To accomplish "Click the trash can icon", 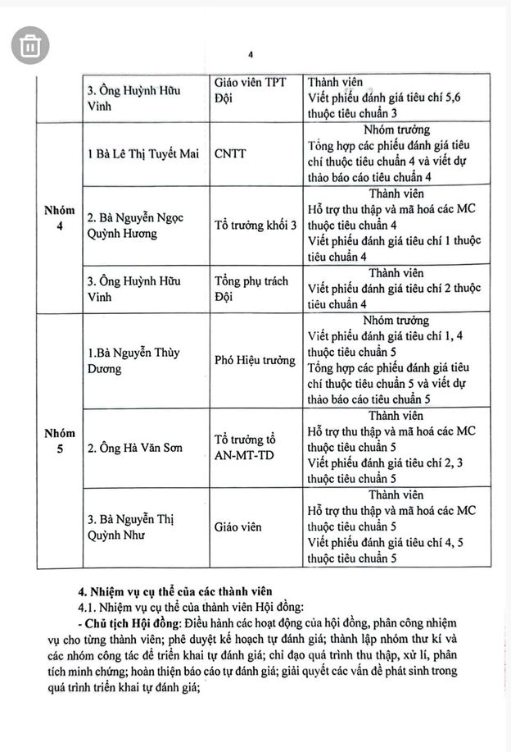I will pyautogui.click(x=29, y=46).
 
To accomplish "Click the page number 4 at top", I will pyautogui.click(x=251, y=54).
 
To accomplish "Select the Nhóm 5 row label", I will pyautogui.click(x=59, y=440).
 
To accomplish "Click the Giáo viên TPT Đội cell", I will pyautogui.click(x=250, y=96).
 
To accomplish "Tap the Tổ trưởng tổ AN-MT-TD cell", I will pyautogui.click(x=251, y=448).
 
